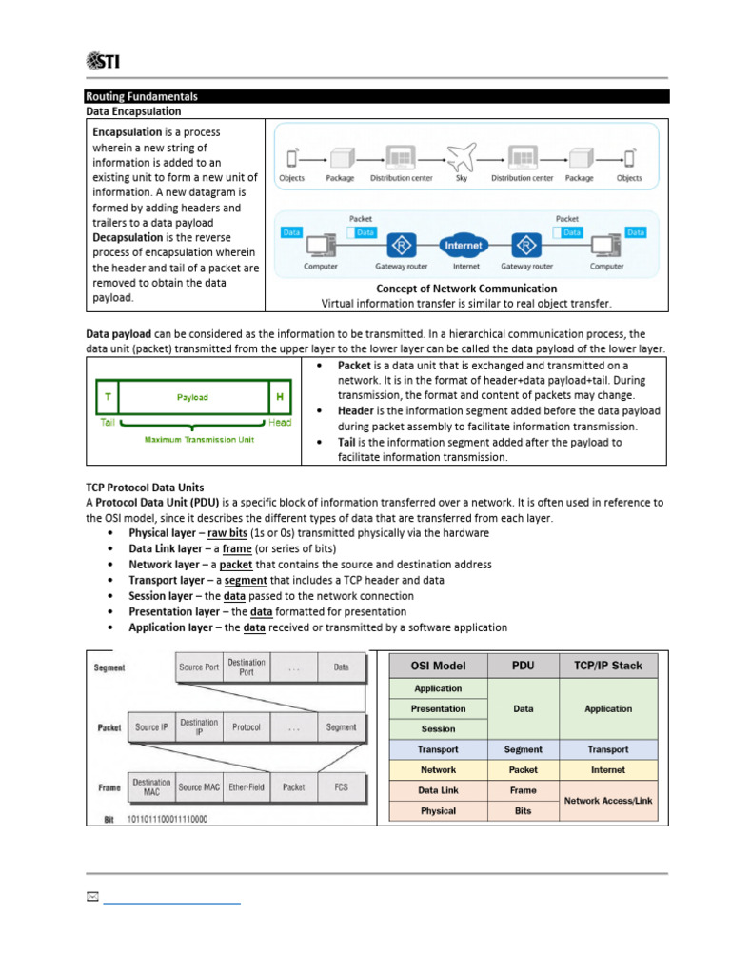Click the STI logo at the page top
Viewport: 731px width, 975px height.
[102, 62]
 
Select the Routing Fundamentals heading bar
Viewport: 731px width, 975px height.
[377, 96]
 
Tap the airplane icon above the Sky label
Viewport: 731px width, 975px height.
[460, 155]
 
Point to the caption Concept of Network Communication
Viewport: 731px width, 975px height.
[466, 289]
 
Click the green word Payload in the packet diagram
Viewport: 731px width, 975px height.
[192, 397]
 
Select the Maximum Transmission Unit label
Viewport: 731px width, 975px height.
[191, 440]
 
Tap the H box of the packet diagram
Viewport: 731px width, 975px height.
[280, 397]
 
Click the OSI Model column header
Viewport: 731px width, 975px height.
[438, 666]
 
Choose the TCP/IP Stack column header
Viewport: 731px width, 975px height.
[607, 666]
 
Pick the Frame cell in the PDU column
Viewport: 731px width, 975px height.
[523, 790]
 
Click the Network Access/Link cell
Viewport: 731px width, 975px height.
[607, 801]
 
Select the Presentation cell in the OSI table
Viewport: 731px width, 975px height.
[438, 708]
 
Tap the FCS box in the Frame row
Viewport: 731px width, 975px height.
[341, 787]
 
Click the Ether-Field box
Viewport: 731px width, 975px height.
[247, 787]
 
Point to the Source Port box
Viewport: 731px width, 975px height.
[198, 667]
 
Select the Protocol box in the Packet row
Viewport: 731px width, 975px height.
[247, 727]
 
